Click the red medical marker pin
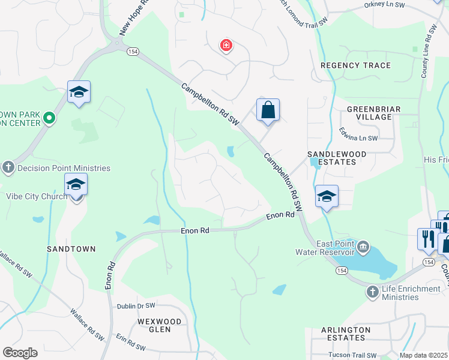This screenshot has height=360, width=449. click(226, 46)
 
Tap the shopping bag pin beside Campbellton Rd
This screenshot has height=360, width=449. click(268, 110)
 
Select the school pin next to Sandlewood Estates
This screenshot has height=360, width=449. click(327, 197)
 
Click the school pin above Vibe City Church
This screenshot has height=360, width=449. click(76, 185)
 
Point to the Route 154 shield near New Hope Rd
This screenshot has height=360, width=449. click(132, 52)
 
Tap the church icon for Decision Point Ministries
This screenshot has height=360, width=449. click(8, 167)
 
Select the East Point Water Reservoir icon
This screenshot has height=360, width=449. click(363, 247)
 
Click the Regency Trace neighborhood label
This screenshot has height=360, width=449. click(355, 65)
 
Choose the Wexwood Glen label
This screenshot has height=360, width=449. click(159, 325)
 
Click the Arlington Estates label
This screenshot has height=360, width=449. click(346, 334)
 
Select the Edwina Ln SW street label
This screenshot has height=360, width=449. click(358, 138)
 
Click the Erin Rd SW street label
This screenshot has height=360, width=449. click(131, 342)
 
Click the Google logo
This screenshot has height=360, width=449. click(20, 353)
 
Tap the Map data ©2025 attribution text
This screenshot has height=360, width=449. click(424, 355)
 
